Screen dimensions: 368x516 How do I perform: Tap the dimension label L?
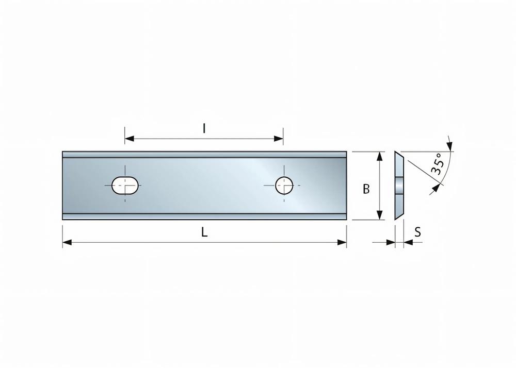[204, 232]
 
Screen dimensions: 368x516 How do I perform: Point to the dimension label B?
[366, 189]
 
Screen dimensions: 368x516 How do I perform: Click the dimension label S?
[418, 232]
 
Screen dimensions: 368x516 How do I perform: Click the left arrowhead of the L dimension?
[67, 242]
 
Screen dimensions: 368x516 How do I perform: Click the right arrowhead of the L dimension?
[342, 242]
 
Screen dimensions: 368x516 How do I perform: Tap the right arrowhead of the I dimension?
[279, 138]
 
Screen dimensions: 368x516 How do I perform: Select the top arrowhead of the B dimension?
[380, 156]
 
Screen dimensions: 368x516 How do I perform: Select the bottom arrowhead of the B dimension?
[380, 215]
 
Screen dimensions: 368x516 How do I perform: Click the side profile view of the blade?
[399, 186]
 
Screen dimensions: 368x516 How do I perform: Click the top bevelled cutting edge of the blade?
[204, 154]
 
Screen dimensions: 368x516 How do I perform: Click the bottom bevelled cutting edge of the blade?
[204, 217]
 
